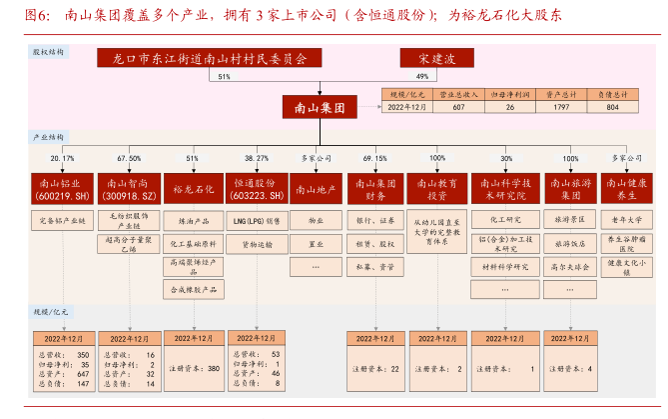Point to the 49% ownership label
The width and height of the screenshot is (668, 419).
click(422, 76)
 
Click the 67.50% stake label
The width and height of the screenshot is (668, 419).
click(129, 158)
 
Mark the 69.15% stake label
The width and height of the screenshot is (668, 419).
click(375, 158)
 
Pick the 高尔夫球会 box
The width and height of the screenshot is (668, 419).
click(570, 267)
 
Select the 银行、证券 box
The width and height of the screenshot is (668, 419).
click(375, 220)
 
